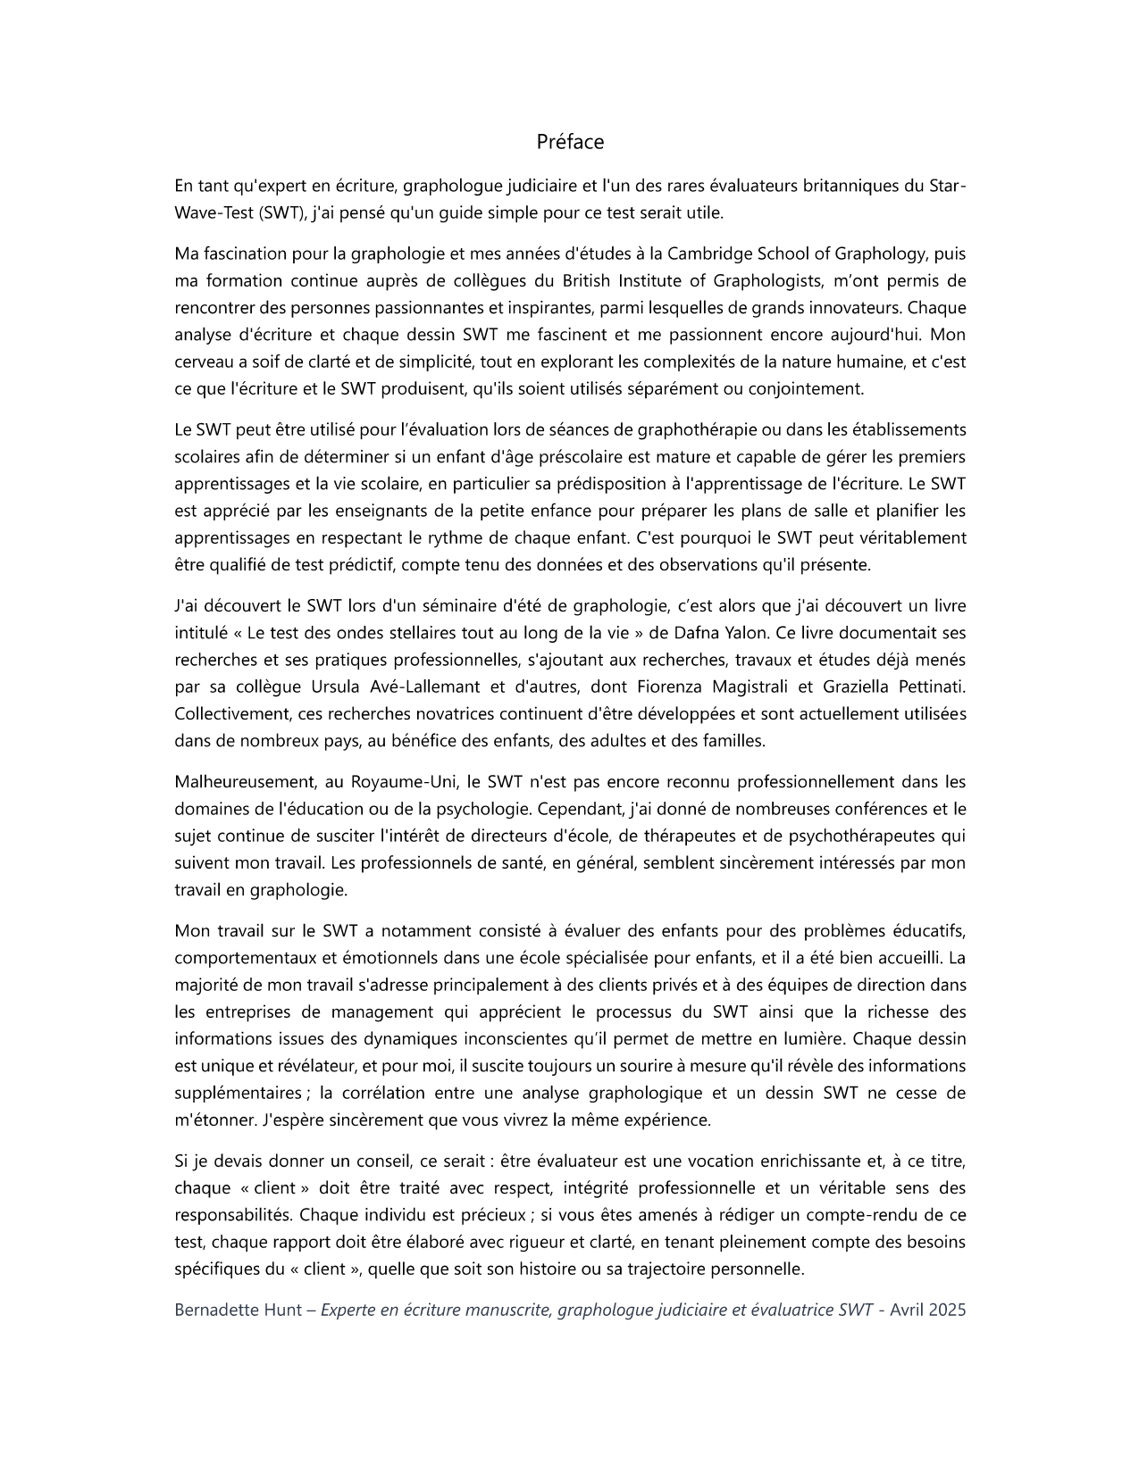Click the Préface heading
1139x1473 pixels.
[x=570, y=142]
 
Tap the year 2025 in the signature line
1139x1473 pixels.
[x=947, y=1311]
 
